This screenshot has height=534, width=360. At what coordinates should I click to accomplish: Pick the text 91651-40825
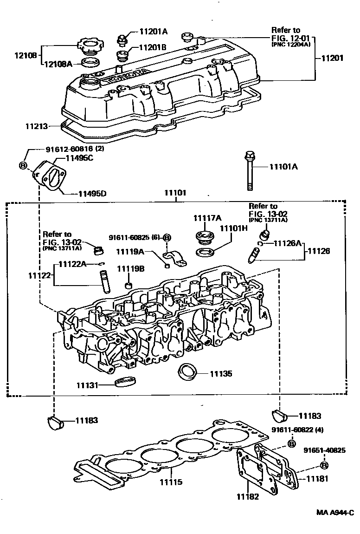pos(325,450)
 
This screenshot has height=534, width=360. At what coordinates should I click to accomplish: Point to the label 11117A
pos(207,218)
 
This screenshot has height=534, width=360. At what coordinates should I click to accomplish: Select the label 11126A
pos(288,243)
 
